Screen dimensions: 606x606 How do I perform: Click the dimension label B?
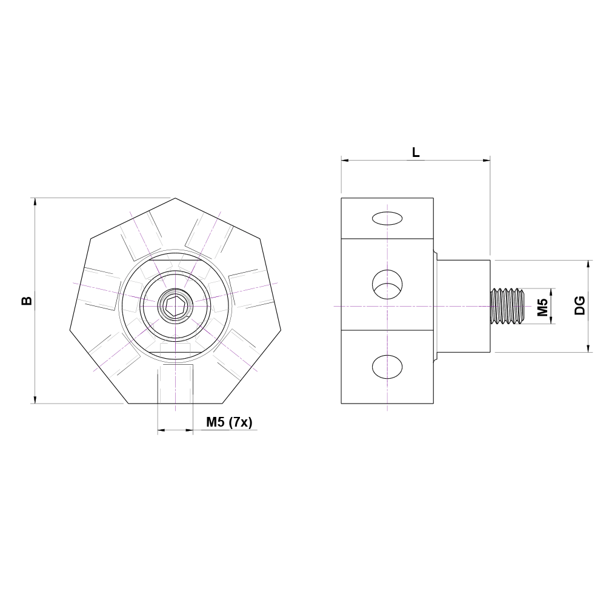coord(27,301)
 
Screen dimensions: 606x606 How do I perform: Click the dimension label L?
coord(416,152)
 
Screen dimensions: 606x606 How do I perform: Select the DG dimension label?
coord(580,305)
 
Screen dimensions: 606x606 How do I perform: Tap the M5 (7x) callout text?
coord(229,422)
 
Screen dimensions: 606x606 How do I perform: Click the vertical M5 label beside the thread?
coord(543,307)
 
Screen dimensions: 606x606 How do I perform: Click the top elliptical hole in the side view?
coord(387,218)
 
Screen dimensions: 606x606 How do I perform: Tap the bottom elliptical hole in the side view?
coord(387,367)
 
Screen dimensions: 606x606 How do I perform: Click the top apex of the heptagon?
coord(176,198)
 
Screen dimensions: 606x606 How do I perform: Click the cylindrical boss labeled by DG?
coord(464,306)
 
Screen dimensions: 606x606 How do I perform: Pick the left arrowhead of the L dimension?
coord(344,161)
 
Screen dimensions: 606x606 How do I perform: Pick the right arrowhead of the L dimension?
coord(487,161)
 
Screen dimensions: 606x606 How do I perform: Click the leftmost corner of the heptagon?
coord(70,330)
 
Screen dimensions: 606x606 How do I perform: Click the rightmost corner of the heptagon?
coord(281,330)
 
